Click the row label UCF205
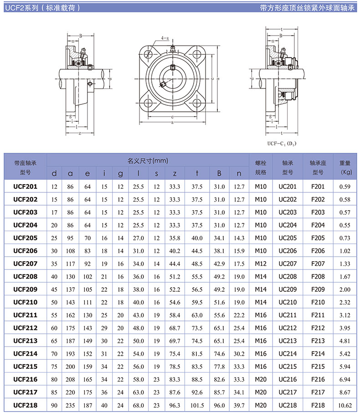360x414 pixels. (26, 238)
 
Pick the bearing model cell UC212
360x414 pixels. (288, 328)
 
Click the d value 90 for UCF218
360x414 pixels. (54, 405)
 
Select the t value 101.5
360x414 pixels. (197, 405)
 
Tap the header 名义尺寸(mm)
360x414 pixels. (148, 160)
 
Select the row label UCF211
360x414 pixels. (26, 315)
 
